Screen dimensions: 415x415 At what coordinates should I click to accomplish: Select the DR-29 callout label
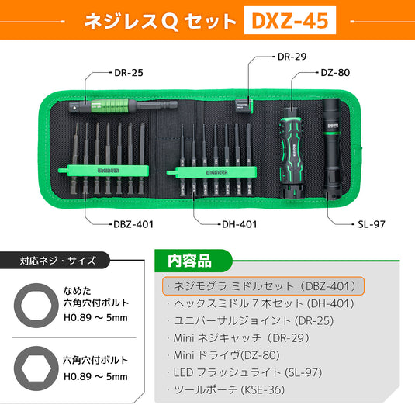(292, 57)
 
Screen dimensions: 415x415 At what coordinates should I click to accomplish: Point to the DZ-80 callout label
(336, 73)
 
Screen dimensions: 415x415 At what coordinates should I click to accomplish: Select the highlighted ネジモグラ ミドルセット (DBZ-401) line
(263, 285)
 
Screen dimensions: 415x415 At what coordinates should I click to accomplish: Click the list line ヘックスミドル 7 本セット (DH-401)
(264, 303)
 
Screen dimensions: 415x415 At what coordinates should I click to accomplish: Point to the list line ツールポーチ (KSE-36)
(230, 389)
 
